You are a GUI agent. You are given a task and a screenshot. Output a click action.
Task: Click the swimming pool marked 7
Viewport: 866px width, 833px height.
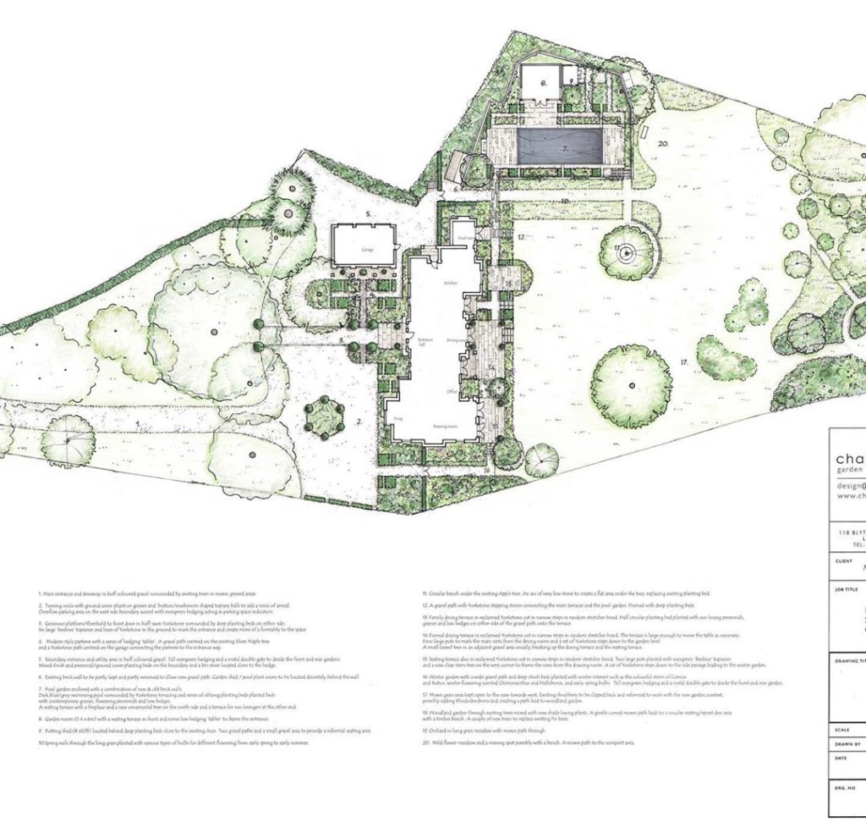click(x=559, y=146)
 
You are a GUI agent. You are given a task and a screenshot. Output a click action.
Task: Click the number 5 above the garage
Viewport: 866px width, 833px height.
click(x=368, y=215)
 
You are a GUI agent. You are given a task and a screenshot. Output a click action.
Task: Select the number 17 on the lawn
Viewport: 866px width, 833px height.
click(x=682, y=361)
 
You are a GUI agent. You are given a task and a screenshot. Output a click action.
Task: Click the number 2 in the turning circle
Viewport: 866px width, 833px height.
click(x=359, y=420)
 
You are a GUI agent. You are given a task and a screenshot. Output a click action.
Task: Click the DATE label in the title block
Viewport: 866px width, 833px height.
click(x=841, y=757)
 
